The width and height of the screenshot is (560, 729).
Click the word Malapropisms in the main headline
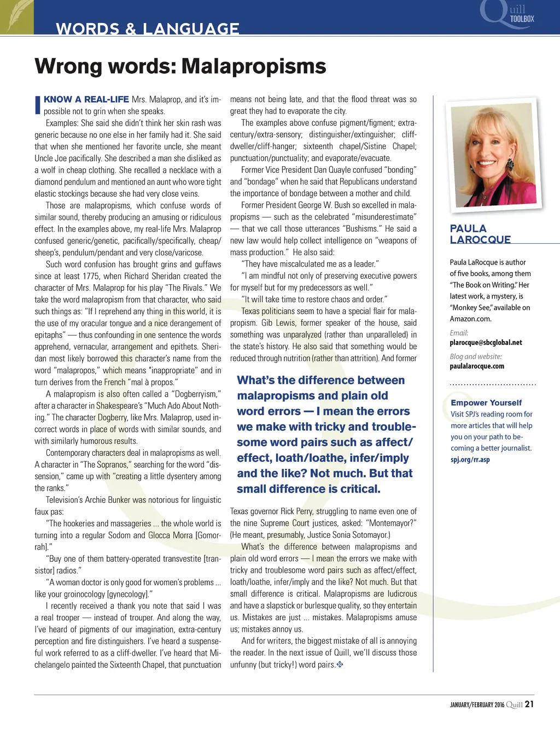click(254, 67)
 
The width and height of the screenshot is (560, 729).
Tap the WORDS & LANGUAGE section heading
click(148, 28)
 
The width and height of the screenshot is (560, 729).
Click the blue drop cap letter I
click(38, 105)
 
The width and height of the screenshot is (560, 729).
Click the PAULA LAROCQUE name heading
click(480, 234)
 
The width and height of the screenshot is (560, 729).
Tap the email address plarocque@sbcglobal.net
click(486, 343)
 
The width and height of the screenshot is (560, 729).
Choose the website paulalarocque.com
click(477, 366)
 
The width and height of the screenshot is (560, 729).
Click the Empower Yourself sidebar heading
click(486, 403)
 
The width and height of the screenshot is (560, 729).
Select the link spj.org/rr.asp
click(470, 460)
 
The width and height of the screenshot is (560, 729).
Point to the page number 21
click(529, 704)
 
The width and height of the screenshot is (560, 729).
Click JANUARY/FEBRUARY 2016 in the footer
click(477, 705)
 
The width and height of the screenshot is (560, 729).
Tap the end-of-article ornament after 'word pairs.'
click(340, 665)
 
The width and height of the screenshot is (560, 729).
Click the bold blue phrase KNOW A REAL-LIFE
click(86, 99)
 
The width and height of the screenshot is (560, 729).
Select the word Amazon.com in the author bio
click(470, 319)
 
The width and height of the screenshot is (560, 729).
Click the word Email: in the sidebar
click(459, 333)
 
